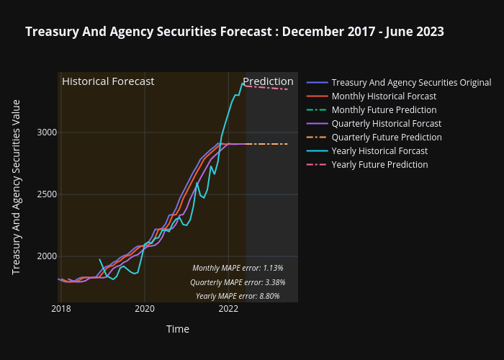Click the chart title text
(234, 32)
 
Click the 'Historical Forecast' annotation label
(108, 81)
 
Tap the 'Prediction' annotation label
(268, 81)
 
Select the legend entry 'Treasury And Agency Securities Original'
(411, 83)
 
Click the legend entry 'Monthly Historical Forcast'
(384, 96)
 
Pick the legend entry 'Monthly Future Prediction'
(384, 110)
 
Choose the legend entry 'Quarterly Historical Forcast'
(386, 124)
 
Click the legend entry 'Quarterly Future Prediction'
(387, 138)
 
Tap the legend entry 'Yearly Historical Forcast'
(379, 151)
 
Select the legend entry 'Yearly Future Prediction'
(379, 165)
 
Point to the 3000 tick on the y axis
(45, 132)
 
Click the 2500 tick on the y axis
(45, 194)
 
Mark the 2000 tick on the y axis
(45, 256)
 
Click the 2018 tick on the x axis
(61, 309)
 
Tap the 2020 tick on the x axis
(145, 309)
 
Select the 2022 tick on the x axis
(228, 309)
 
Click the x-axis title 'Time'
(178, 329)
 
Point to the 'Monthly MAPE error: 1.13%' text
(238, 268)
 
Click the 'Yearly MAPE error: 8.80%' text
(238, 296)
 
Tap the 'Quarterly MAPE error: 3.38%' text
(238, 282)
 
